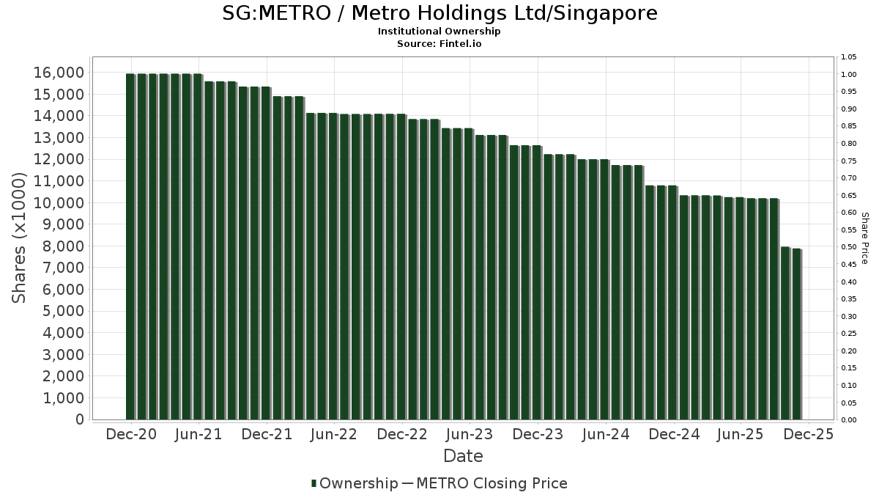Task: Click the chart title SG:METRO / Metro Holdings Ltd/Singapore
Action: pyautogui.click(x=439, y=13)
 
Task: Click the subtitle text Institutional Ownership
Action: pyautogui.click(x=439, y=32)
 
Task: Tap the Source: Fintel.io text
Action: pyautogui.click(x=439, y=43)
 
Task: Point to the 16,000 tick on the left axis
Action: pyautogui.click(x=58, y=73)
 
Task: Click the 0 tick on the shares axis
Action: pyautogui.click(x=77, y=419)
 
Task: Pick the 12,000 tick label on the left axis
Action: pyautogui.click(x=58, y=159)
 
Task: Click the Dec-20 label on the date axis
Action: pyautogui.click(x=130, y=435)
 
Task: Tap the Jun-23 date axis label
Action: pyautogui.click(x=470, y=435)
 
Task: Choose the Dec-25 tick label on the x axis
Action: pyautogui.click(x=808, y=435)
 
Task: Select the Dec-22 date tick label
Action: pyautogui.click(x=402, y=435)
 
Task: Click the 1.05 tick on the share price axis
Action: pyautogui.click(x=849, y=57)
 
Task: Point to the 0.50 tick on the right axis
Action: pyautogui.click(x=849, y=247)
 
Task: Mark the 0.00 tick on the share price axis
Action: pyautogui.click(x=849, y=420)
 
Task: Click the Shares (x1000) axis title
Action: pyautogui.click(x=20, y=238)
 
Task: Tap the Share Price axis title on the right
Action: pyautogui.click(x=864, y=238)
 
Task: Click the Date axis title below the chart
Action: pyautogui.click(x=463, y=456)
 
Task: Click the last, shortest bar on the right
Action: pyautogui.click(x=796, y=334)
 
